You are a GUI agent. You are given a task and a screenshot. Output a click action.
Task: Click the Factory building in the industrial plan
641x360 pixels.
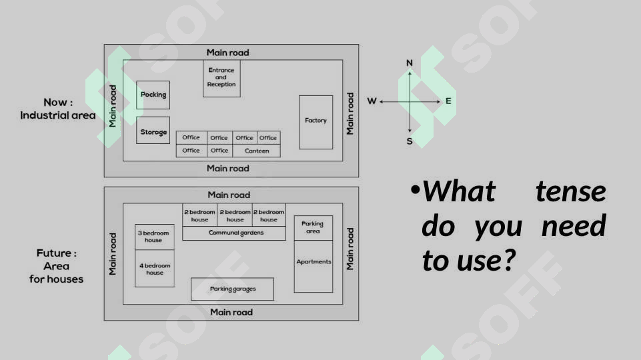click(x=315, y=122)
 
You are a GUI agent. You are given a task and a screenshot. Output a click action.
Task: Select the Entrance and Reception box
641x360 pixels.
click(x=221, y=79)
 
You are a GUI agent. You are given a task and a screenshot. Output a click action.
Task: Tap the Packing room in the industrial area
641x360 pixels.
click(x=153, y=95)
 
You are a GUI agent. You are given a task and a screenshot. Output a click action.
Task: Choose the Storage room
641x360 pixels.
click(x=153, y=131)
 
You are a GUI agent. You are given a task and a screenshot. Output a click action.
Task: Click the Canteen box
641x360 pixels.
click(x=256, y=151)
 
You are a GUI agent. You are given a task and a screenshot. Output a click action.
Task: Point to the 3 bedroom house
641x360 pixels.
click(x=155, y=237)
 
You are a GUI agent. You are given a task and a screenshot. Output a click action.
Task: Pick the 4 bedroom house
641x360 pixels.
click(x=155, y=269)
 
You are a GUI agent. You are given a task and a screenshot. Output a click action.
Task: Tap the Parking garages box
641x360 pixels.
click(x=232, y=289)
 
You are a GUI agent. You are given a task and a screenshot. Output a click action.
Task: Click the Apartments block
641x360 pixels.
click(x=313, y=266)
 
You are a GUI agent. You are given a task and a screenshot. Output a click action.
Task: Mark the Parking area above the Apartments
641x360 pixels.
click(x=313, y=227)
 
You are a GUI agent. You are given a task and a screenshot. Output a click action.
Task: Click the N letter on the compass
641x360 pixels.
click(x=409, y=63)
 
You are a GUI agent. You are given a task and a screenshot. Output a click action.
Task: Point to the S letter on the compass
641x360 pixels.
click(x=409, y=141)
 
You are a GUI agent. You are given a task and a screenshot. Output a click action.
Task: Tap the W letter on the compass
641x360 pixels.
click(x=372, y=101)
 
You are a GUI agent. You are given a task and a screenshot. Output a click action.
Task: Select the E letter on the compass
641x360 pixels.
click(x=448, y=101)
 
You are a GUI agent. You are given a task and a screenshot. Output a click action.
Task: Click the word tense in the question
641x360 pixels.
click(x=571, y=191)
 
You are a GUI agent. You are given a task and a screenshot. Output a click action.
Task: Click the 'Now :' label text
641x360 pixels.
click(x=58, y=102)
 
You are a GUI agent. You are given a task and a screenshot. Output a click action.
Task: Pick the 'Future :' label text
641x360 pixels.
click(x=57, y=253)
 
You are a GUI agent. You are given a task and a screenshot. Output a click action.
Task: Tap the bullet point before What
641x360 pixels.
click(x=416, y=189)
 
